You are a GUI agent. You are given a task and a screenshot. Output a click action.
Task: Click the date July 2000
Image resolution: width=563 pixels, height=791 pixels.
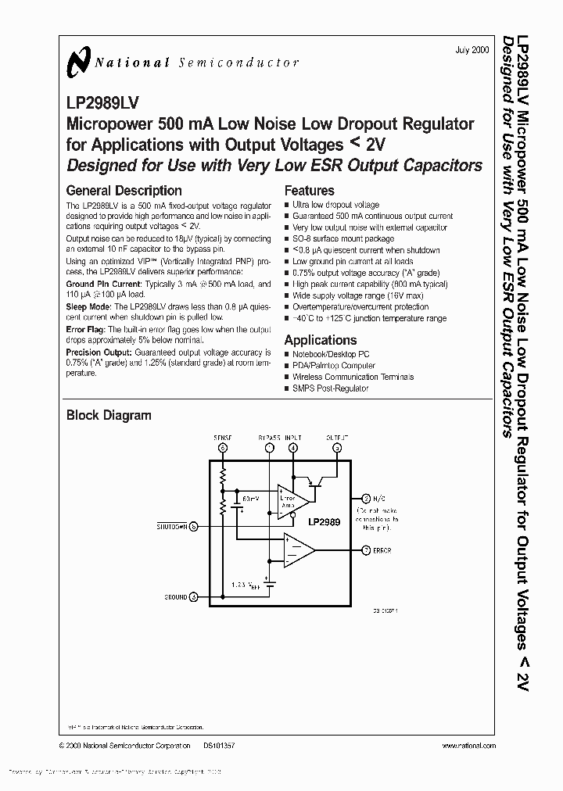pyautogui.click(x=472, y=49)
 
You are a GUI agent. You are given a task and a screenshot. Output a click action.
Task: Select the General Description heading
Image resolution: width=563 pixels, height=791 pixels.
pyautogui.click(x=124, y=191)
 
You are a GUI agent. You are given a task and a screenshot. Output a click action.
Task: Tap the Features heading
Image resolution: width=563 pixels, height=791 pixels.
pyautogui.click(x=309, y=191)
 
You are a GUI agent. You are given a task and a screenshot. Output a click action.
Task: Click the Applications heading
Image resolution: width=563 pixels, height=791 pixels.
pyautogui.click(x=320, y=340)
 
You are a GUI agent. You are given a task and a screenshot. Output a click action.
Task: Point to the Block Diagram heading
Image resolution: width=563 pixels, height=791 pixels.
pyautogui.click(x=109, y=416)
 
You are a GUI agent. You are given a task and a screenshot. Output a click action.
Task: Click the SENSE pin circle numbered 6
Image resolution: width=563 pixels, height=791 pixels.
pyautogui.click(x=223, y=448)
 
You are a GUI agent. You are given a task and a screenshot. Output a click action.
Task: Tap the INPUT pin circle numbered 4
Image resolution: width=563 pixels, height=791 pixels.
pyautogui.click(x=292, y=448)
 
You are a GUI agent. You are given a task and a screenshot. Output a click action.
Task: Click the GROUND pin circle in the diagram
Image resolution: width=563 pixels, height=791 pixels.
pyautogui.click(x=194, y=596)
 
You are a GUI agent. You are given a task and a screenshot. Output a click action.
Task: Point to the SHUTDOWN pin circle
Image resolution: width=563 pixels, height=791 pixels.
pyautogui.click(x=194, y=526)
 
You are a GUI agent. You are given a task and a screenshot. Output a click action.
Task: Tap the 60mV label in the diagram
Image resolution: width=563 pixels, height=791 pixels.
pyautogui.click(x=250, y=496)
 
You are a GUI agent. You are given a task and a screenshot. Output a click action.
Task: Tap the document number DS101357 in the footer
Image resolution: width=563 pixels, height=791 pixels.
pyautogui.click(x=219, y=746)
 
